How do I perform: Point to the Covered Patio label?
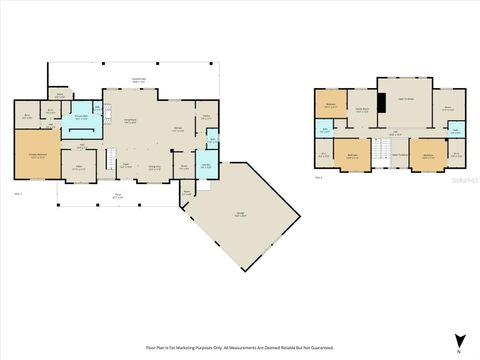[x=138, y=80]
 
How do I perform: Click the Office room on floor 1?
[x=78, y=166]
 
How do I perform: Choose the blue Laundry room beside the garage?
[x=205, y=167]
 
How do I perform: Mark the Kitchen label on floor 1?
[x=178, y=129]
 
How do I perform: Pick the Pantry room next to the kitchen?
[x=206, y=118]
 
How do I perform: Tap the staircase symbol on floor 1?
[x=112, y=155]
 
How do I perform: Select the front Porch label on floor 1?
[x=117, y=196]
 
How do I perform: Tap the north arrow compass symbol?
[x=459, y=339]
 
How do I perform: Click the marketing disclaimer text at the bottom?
[x=239, y=346]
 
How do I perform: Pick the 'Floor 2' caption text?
[x=319, y=177]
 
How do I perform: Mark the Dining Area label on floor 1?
[x=155, y=166]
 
